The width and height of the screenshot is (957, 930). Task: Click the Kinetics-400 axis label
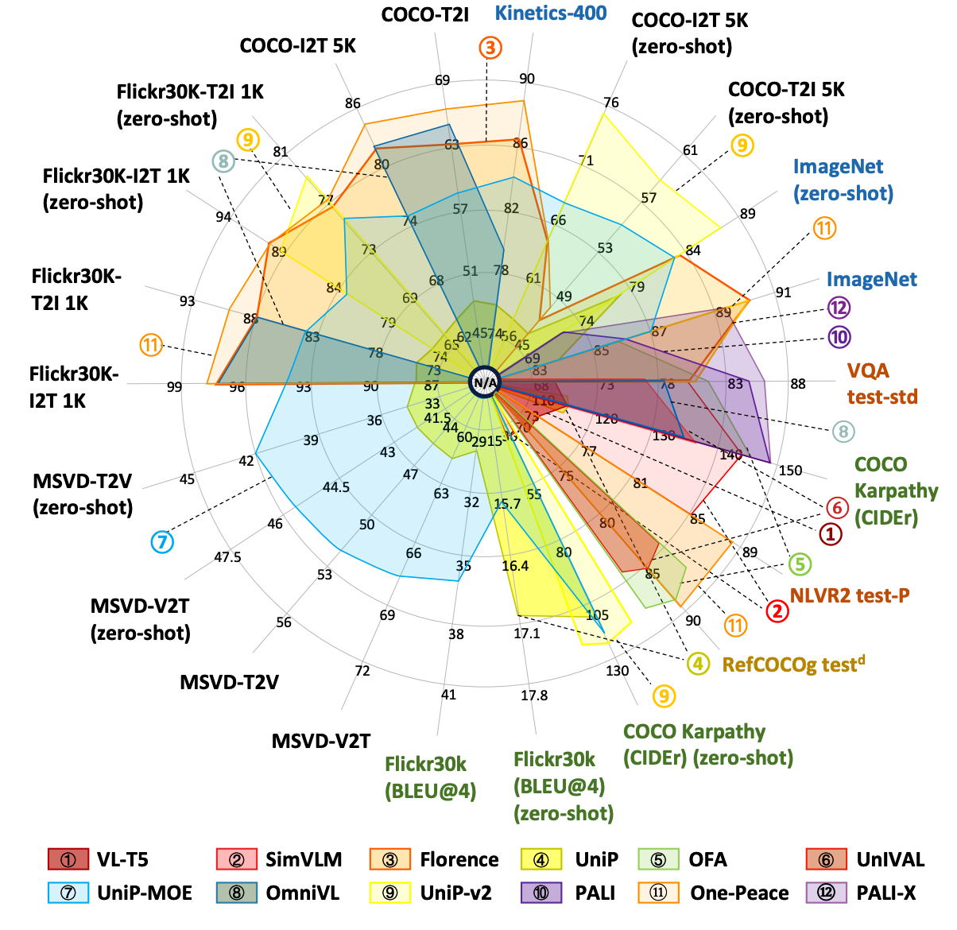point(551,14)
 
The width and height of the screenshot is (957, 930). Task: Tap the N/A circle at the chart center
point(485,382)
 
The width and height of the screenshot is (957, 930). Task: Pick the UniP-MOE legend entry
point(120,893)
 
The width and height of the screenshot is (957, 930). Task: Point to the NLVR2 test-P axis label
point(849,595)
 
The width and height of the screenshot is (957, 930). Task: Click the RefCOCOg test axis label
point(792,664)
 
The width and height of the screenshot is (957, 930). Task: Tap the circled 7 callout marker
point(162,542)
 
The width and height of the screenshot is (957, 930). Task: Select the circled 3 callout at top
point(490,48)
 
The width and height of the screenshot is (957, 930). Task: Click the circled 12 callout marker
point(839,308)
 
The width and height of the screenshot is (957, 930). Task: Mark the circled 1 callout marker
point(830,534)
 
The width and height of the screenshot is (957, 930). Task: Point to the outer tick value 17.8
point(534,696)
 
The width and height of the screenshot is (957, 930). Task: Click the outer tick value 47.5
point(227,557)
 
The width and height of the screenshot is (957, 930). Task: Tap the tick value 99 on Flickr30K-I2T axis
point(175,387)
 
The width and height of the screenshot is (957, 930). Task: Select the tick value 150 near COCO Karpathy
point(790,471)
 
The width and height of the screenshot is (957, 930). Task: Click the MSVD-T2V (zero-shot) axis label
point(83,494)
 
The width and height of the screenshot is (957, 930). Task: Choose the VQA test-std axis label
point(881,383)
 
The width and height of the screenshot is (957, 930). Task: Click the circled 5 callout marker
point(800,564)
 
